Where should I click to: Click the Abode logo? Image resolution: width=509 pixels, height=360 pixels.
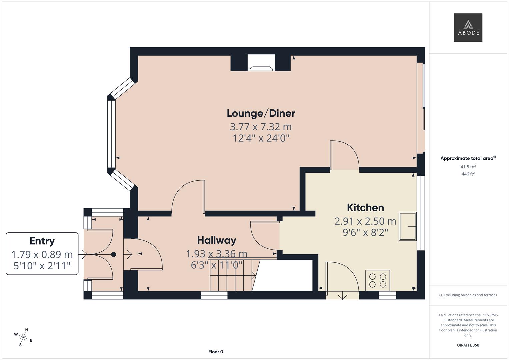click(x=468, y=27)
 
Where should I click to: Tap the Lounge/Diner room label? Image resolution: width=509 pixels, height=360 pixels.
click(x=261, y=113)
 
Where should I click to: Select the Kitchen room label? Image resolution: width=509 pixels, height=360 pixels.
click(x=365, y=208)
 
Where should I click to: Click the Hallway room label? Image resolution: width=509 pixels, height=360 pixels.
click(x=217, y=240)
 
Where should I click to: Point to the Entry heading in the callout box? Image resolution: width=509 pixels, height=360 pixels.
click(x=42, y=241)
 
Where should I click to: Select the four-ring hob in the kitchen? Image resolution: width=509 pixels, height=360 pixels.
click(x=378, y=280)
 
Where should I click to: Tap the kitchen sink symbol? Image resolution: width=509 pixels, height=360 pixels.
click(x=407, y=226)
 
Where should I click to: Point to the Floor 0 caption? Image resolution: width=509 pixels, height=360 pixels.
click(x=216, y=352)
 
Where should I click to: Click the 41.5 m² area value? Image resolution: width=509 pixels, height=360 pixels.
click(x=468, y=167)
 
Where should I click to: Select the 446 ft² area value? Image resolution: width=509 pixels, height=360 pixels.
click(x=468, y=174)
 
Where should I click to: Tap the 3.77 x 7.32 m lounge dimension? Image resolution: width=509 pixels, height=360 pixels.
click(x=261, y=127)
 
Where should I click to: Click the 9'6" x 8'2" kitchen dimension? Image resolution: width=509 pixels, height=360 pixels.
click(x=365, y=232)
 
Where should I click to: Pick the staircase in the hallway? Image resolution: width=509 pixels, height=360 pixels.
click(x=232, y=275)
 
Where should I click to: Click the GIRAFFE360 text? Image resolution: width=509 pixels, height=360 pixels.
click(x=468, y=345)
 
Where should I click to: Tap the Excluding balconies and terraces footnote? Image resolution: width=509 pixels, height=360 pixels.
click(x=468, y=295)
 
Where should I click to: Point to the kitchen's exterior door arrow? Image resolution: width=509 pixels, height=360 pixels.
click(x=342, y=296)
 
